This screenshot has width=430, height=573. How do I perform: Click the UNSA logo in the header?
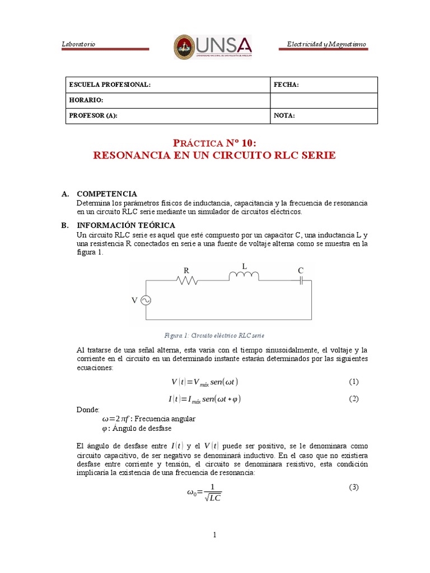point(212,46)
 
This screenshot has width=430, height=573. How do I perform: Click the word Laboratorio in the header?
point(78,44)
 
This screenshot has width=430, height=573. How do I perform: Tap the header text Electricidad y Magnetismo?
point(326,44)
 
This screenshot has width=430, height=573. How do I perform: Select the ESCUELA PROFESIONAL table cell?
point(110,84)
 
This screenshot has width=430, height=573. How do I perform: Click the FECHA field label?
point(286,84)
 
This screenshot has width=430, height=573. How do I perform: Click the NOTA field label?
point(284,115)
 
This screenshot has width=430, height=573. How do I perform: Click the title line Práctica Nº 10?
point(214,143)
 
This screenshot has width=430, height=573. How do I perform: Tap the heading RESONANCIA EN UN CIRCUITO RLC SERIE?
point(214,156)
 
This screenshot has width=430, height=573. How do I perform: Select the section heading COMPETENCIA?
point(106,194)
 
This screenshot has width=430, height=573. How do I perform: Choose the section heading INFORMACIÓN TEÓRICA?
point(118,225)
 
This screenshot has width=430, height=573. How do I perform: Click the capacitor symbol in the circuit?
point(301,280)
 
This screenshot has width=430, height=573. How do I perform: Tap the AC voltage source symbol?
point(146,300)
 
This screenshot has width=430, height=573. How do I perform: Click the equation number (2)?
point(353,398)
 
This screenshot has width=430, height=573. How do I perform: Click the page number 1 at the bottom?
point(214,535)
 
